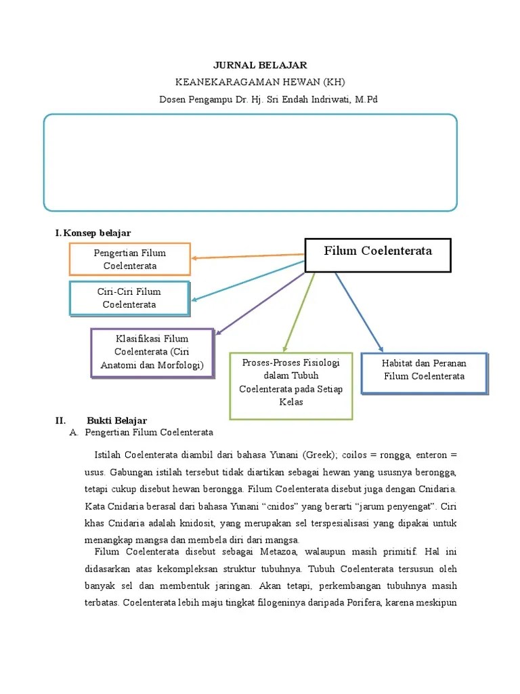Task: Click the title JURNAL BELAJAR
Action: [x=260, y=65]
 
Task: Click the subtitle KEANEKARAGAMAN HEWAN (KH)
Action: [x=260, y=82]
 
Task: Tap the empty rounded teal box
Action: [x=250, y=163]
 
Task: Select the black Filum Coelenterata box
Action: [x=378, y=255]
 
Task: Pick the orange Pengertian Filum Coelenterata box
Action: [x=130, y=259]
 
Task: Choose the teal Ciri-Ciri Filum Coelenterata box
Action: [x=129, y=298]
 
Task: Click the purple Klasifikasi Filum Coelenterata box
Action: [x=152, y=352]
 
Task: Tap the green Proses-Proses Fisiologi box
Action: [x=291, y=385]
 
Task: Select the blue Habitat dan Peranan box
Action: [x=424, y=372]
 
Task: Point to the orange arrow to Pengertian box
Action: [x=247, y=256]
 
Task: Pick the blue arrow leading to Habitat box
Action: [x=360, y=311]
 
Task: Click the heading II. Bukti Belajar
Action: [x=116, y=421]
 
